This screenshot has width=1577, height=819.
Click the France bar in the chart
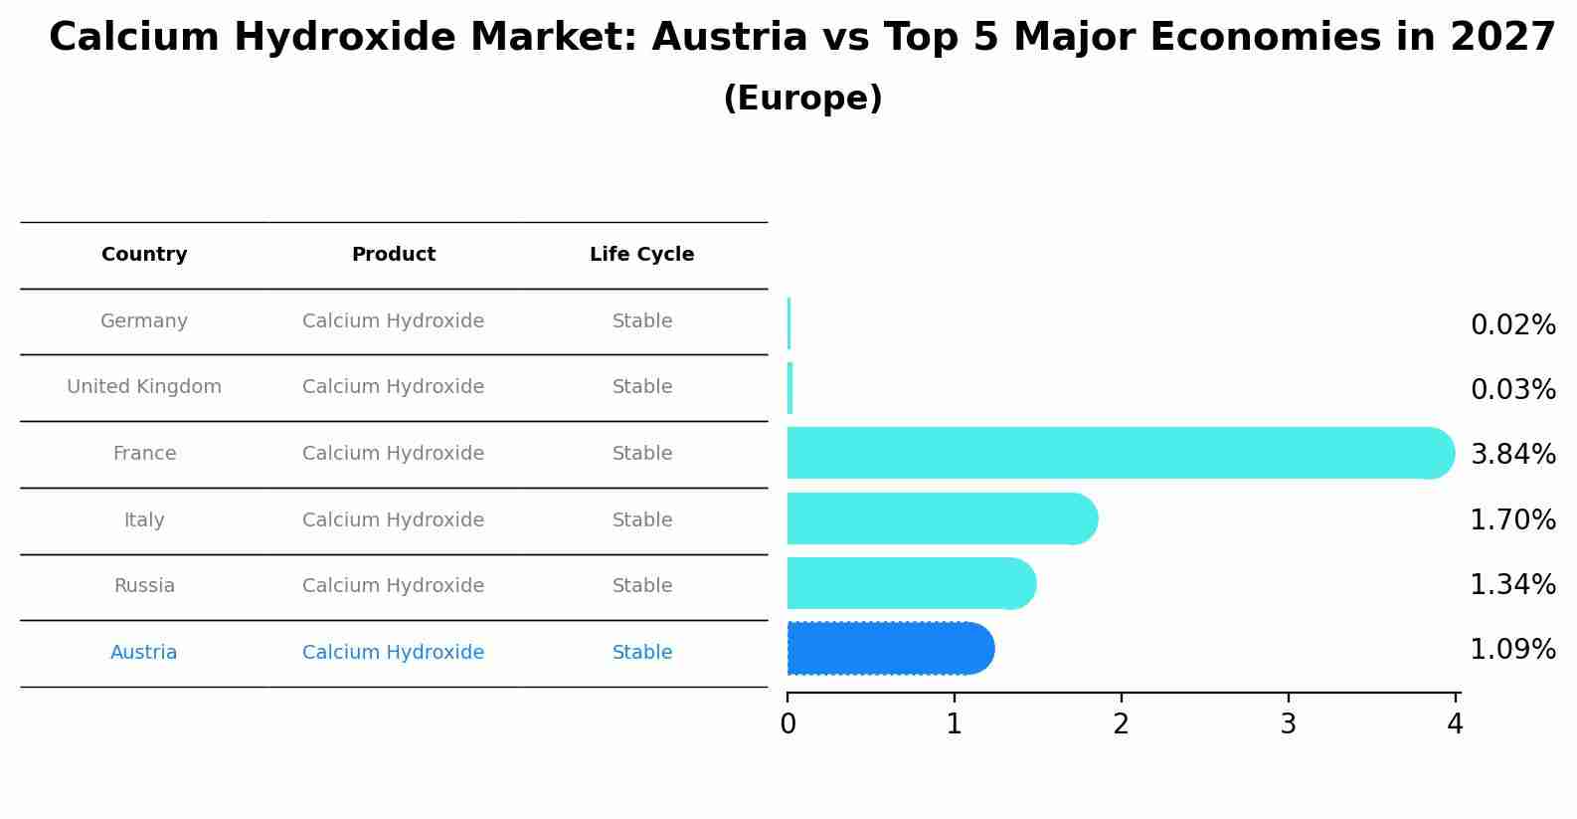(x=1119, y=453)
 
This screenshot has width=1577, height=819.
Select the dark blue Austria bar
(x=890, y=649)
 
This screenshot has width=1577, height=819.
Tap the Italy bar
(x=941, y=518)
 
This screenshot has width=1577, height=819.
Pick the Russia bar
(x=910, y=583)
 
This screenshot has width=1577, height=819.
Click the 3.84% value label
(x=1512, y=455)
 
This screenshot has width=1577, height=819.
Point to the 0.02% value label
(x=1512, y=325)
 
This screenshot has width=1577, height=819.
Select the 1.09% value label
(x=1512, y=650)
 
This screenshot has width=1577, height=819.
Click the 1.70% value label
(x=1512, y=519)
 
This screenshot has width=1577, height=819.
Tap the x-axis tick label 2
(x=1122, y=725)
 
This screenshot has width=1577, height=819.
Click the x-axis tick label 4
(x=1455, y=725)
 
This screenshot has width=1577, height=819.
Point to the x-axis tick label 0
(x=788, y=725)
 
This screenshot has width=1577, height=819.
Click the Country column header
(x=144, y=255)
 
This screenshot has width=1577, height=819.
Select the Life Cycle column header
(x=641, y=255)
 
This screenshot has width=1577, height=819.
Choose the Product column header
(x=394, y=255)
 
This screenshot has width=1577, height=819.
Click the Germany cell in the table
(x=144, y=321)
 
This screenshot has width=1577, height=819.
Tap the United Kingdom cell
(x=144, y=387)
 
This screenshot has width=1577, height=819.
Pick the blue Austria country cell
(x=144, y=653)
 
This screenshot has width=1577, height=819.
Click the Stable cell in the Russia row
(x=642, y=586)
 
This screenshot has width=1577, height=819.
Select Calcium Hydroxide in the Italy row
(x=394, y=520)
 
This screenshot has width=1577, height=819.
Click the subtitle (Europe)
(x=802, y=99)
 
